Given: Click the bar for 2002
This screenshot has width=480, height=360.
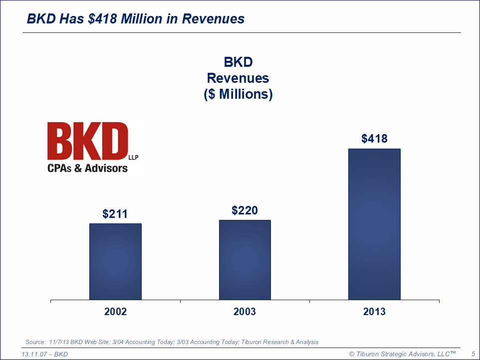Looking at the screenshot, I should [x=115, y=261].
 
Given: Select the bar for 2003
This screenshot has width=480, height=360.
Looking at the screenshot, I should [x=244, y=260].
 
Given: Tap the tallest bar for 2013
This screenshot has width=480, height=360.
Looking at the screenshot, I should [x=374, y=224].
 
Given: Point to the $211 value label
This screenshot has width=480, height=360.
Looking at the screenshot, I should [x=115, y=214].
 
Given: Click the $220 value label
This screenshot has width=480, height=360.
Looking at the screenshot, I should [x=244, y=210].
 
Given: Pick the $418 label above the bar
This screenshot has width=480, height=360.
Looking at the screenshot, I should [x=374, y=139].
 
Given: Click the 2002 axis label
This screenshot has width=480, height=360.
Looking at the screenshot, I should [x=115, y=312].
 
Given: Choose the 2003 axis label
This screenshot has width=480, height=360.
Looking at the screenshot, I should [x=244, y=312].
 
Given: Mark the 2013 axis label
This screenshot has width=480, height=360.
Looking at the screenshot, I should [x=374, y=312].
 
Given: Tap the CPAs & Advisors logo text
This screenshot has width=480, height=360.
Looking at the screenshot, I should [x=87, y=168].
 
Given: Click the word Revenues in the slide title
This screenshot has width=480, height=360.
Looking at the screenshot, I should [x=213, y=19].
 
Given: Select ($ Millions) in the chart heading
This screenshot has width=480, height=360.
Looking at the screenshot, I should [x=239, y=94].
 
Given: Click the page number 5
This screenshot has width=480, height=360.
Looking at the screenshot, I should [x=473, y=354].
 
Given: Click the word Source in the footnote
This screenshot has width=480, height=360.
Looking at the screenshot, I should [x=35, y=342].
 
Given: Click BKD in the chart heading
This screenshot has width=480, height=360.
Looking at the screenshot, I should [x=239, y=62].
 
